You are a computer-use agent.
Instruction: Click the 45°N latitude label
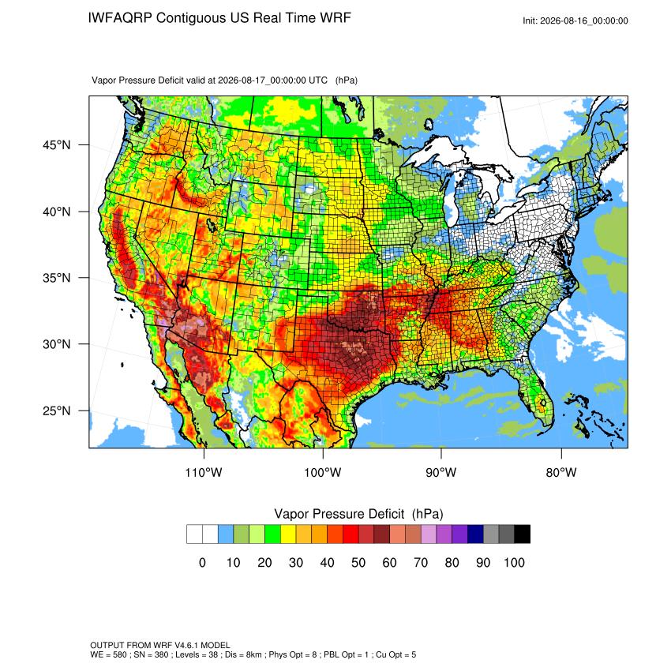[x=56, y=145]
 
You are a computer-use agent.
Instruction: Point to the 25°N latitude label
[x=56, y=410]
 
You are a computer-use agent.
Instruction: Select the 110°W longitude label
[x=204, y=472]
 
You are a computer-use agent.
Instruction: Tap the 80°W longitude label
[x=561, y=472]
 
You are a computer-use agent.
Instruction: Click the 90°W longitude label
[x=441, y=472]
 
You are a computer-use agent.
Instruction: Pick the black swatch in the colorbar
[x=523, y=534]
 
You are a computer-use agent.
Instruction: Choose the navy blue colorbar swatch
[x=475, y=534]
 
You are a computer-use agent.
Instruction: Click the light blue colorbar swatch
[x=226, y=534]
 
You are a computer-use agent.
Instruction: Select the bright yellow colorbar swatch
[x=288, y=534]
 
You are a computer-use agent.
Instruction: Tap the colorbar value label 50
[x=358, y=563]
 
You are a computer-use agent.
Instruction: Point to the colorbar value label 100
[x=515, y=563]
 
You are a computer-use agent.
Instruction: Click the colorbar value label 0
[x=202, y=563]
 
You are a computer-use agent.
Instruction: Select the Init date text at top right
[x=575, y=21]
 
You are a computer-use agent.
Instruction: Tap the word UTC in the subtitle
[x=318, y=81]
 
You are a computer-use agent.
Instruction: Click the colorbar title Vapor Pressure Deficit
[x=339, y=514]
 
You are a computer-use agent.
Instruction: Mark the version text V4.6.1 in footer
[x=187, y=645]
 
